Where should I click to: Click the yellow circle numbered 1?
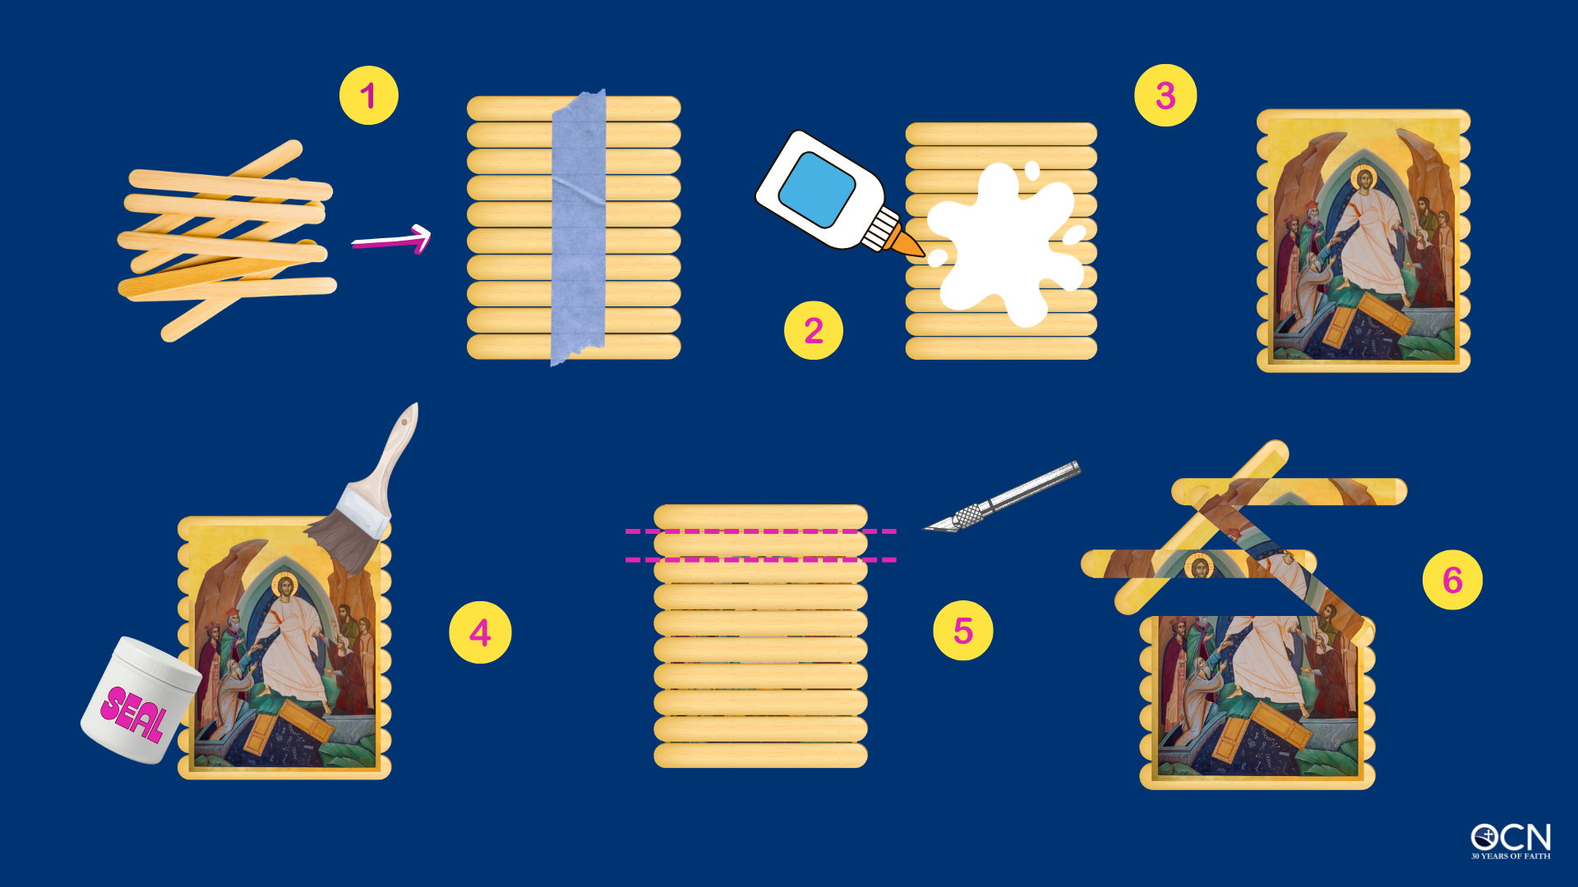pos(369,95)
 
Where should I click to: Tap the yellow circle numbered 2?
pos(814,330)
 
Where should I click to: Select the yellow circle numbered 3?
pos(1165,95)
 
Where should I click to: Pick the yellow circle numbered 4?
pos(480,632)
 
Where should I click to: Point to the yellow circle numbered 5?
pos(963,631)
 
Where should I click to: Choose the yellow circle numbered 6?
pos(1452,580)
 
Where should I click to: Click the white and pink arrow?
pos(392,240)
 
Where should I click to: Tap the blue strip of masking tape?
pos(579,227)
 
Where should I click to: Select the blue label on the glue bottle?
pos(817,190)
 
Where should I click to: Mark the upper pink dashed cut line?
pos(761,531)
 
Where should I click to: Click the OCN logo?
pos(1511,840)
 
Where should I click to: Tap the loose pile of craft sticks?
pos(227,241)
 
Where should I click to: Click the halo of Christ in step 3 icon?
pos(1363,177)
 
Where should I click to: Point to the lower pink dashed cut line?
pos(761,559)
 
